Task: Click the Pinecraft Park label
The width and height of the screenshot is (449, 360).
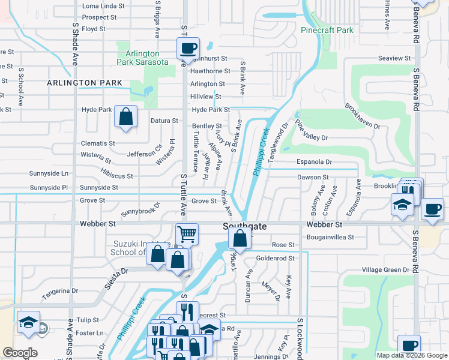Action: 327,29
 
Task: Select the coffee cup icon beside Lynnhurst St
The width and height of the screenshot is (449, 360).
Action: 188,48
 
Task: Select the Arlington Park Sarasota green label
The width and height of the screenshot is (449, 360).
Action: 142,58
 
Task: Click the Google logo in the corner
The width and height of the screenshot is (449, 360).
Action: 20,352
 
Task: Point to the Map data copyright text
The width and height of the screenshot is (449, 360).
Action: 411,355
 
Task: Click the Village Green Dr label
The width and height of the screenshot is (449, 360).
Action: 384,270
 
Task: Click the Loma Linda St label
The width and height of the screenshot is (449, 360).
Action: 103,6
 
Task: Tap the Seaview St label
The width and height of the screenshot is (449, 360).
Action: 394,58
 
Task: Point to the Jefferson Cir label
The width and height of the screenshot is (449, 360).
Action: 145,151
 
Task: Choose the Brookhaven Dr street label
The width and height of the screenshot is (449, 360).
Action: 363,116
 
